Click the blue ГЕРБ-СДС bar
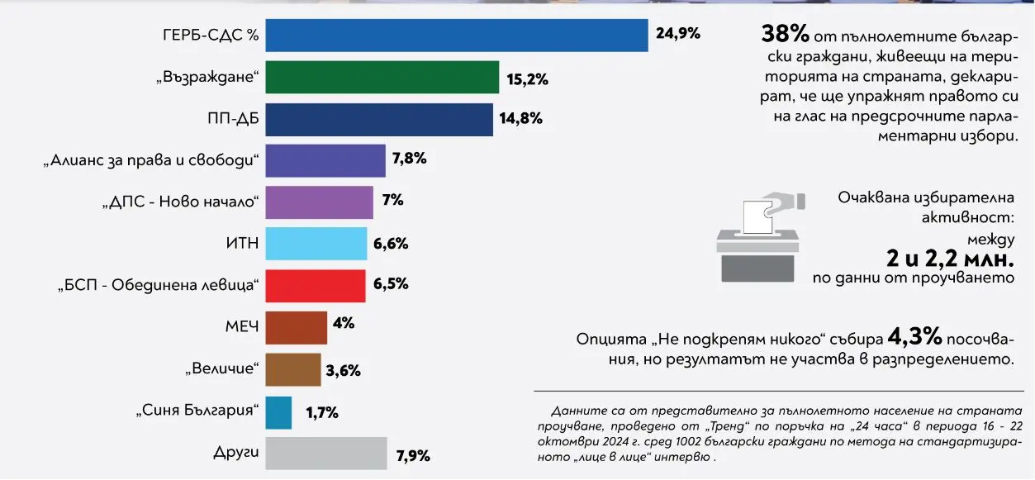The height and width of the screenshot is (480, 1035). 456,35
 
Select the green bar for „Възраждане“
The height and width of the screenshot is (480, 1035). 382,77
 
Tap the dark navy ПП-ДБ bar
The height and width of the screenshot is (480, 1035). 379,119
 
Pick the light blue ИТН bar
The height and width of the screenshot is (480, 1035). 316,244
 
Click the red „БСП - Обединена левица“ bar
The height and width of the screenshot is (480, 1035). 316,286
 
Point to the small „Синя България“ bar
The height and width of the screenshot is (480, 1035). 278,412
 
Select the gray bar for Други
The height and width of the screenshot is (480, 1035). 326,454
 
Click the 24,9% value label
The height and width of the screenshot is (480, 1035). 677,34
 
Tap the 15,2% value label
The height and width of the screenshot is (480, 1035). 526,80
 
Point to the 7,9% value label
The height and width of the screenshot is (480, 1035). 413,455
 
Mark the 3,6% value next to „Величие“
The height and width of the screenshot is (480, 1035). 344,371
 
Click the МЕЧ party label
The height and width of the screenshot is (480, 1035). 242,327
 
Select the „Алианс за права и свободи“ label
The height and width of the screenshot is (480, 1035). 151,160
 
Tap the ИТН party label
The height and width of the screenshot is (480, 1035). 242,244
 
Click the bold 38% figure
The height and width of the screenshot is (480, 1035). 784,35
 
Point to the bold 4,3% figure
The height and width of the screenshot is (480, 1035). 914,337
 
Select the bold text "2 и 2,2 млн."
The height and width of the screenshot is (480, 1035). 950,259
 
